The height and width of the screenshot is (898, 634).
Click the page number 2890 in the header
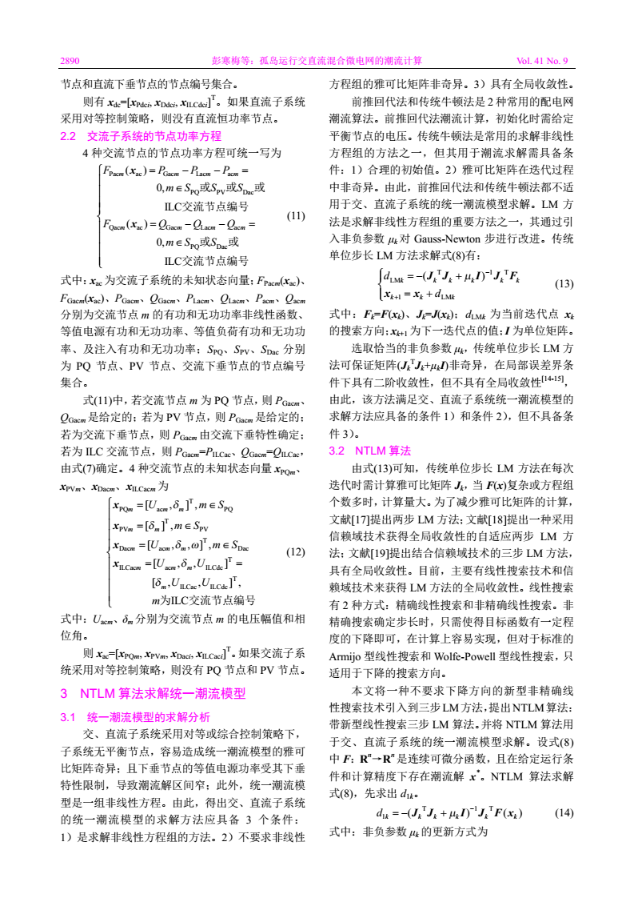point(70,60)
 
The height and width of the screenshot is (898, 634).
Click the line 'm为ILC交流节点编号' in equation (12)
point(203,600)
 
